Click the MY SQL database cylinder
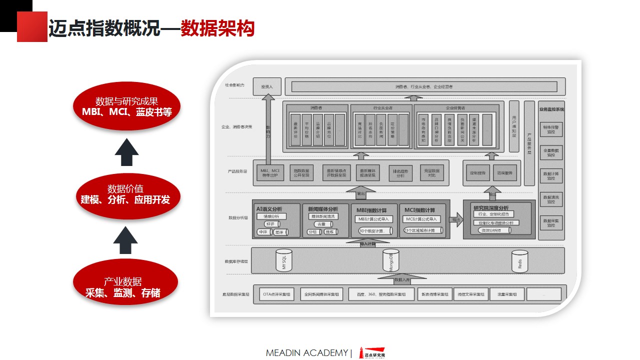(x=284, y=260)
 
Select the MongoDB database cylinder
(x=391, y=260)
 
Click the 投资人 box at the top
(x=267, y=86)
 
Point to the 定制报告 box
(x=477, y=173)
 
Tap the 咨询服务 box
(x=504, y=173)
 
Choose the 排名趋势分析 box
(x=400, y=173)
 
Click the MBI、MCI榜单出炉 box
(x=270, y=173)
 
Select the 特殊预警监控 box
(x=550, y=129)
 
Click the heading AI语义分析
(x=269, y=209)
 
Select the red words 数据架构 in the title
(x=217, y=28)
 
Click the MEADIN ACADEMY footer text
(x=306, y=353)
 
